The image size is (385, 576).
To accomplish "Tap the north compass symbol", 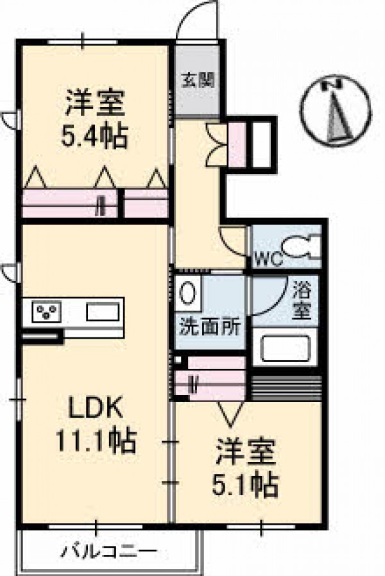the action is tap(336, 110).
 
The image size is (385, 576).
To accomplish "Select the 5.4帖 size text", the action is tap(94, 136).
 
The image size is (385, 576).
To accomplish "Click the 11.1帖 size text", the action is tap(96, 440).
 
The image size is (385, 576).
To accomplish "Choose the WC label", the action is tap(269, 259).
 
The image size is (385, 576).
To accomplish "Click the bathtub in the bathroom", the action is tap(286, 348).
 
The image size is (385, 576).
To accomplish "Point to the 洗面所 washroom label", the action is tap(210, 326).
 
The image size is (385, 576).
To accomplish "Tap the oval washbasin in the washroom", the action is tap(187, 293).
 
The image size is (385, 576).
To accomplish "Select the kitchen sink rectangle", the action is tap(103, 312).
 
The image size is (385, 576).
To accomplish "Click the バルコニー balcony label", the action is tap(109, 552).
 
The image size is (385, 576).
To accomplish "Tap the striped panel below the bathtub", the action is tap(287, 388).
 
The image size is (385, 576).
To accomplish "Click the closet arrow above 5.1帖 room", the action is tap(230, 414).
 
